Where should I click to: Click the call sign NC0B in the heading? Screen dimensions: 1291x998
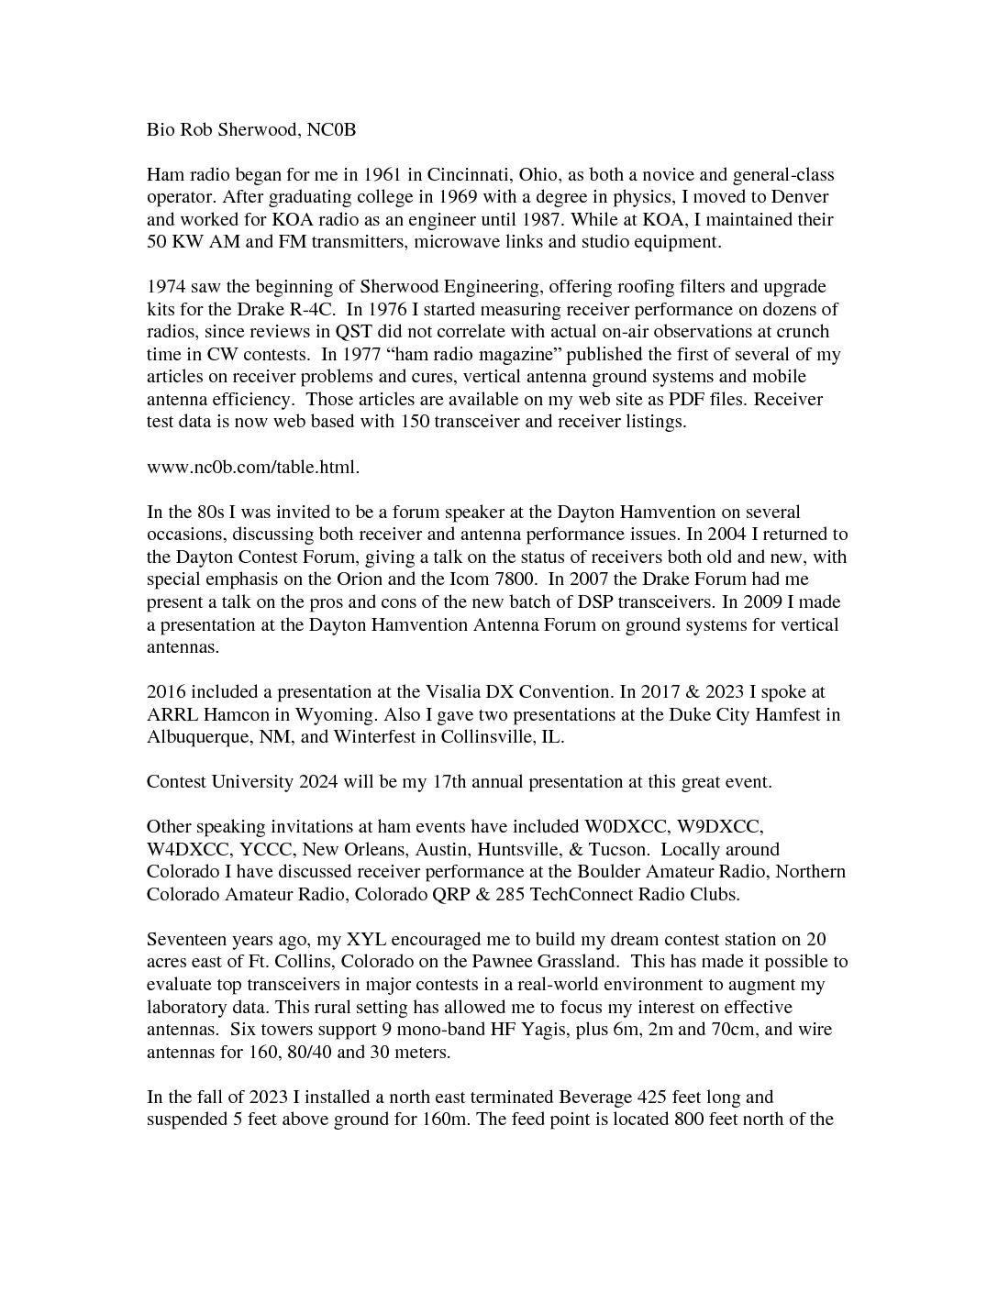(x=331, y=130)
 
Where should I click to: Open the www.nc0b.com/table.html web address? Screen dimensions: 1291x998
(x=253, y=467)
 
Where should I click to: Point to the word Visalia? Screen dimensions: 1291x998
(x=455, y=692)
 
